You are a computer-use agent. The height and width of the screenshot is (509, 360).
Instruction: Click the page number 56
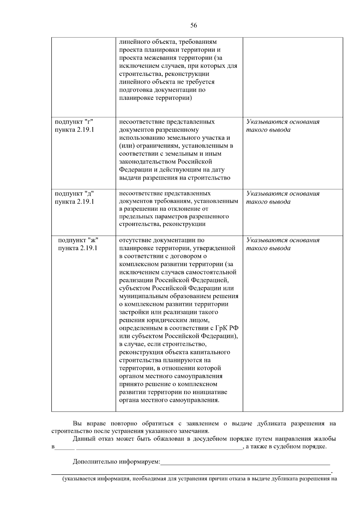(193, 26)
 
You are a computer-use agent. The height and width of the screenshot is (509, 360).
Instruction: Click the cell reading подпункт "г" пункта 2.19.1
(74, 126)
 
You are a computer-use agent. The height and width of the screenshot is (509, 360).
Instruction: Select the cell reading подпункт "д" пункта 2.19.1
(74, 197)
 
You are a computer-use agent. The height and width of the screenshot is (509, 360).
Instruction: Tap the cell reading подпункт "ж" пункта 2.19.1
(78, 244)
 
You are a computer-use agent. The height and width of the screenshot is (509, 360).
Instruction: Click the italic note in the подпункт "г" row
(283, 126)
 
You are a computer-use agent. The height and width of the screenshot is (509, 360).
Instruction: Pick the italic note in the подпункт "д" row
(283, 197)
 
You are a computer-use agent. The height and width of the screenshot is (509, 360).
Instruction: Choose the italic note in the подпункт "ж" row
(283, 244)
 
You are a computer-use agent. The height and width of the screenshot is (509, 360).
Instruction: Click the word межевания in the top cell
(156, 58)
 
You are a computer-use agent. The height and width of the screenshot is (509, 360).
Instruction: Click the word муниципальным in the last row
(139, 296)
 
